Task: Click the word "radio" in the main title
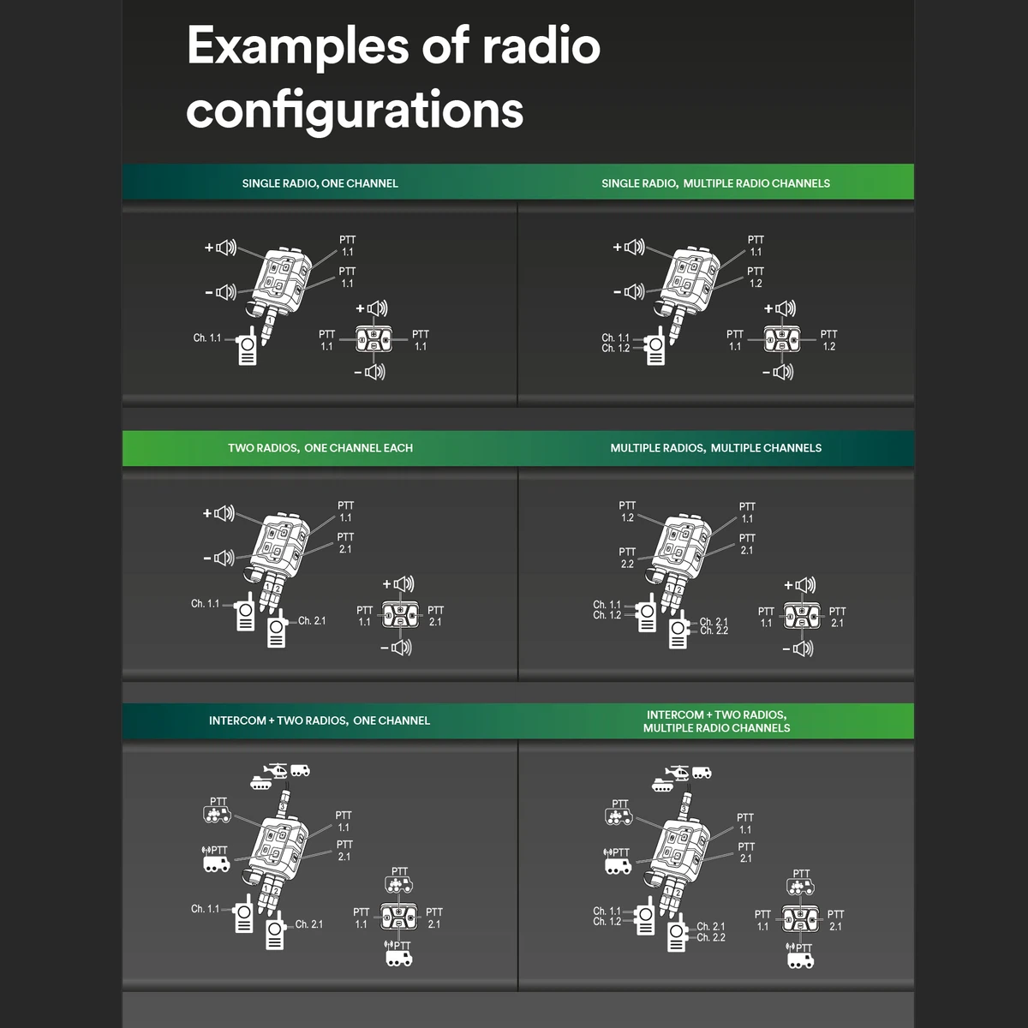coord(541,45)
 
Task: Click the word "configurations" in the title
coord(355,111)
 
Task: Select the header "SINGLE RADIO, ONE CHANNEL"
coord(320,183)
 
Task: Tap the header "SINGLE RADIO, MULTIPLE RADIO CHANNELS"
coord(715,183)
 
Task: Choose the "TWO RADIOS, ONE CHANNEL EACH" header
coord(320,448)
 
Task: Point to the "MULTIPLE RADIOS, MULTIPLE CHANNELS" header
coord(715,448)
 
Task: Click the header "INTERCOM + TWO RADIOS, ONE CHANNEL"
coord(320,720)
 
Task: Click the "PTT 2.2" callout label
coord(627,558)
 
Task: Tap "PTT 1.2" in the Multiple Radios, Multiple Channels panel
coord(627,511)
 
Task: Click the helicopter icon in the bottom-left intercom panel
coord(277,770)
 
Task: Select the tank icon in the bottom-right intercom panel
coord(663,783)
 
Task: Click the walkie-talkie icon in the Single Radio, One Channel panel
coord(247,346)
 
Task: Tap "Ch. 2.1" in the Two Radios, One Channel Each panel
coord(311,621)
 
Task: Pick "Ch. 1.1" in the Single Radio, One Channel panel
coord(206,338)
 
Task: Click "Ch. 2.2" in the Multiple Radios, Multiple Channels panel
coord(714,631)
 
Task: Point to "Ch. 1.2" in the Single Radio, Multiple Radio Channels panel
coord(615,349)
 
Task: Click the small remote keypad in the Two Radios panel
coord(400,614)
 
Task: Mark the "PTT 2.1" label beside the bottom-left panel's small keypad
coord(433,918)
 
